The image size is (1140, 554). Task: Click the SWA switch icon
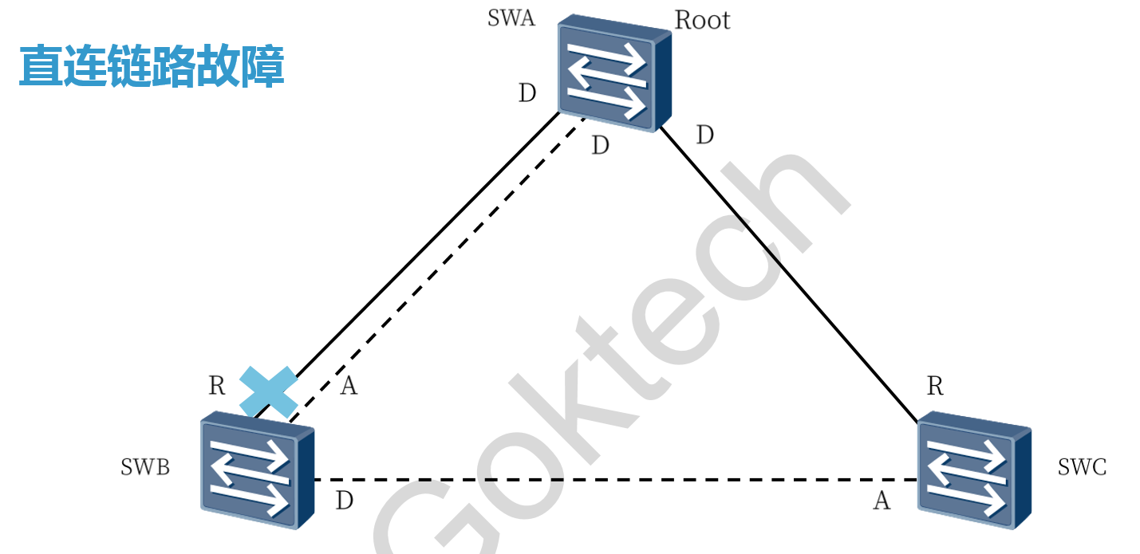click(x=613, y=73)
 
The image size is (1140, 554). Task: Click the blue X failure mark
click(x=269, y=392)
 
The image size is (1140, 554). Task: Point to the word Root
click(x=702, y=20)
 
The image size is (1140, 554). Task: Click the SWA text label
click(x=511, y=18)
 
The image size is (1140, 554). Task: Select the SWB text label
click(x=145, y=467)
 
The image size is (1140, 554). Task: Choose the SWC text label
click(x=1082, y=467)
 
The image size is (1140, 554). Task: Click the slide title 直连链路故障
click(x=152, y=66)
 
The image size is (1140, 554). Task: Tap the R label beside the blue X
click(x=217, y=386)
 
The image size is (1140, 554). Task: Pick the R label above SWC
click(x=935, y=387)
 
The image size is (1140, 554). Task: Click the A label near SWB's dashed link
click(x=349, y=387)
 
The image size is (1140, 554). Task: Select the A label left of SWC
click(x=881, y=501)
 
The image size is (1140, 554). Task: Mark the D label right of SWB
click(x=344, y=501)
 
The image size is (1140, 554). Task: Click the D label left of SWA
click(x=527, y=94)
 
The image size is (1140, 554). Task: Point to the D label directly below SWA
click(x=600, y=146)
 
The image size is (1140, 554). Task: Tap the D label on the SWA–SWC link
click(x=704, y=136)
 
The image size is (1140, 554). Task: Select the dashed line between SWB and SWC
click(x=614, y=480)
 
